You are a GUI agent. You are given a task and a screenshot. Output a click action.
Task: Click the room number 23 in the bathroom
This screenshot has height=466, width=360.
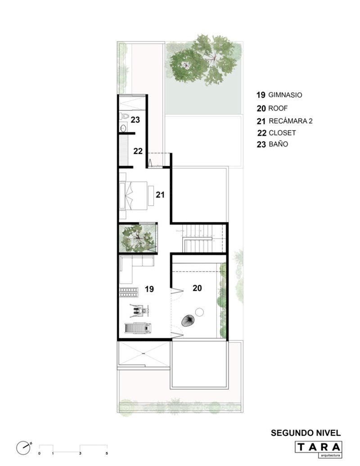click(135, 120)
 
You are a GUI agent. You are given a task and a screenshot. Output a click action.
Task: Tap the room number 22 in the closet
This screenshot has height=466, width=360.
click(138, 151)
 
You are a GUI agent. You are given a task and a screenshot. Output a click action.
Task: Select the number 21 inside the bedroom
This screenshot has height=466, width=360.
click(160, 195)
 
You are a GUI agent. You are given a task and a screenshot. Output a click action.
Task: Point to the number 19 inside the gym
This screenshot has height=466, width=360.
click(149, 289)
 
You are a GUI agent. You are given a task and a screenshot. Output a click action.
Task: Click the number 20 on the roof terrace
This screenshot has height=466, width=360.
click(197, 288)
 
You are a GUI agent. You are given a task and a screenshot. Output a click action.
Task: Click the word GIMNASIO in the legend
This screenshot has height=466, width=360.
click(285, 95)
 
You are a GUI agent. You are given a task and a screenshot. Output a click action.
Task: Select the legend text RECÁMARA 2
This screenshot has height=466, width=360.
click(291, 121)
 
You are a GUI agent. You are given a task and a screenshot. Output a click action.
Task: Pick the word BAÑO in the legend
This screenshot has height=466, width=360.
click(278, 144)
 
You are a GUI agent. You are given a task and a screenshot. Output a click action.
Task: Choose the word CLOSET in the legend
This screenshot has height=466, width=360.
click(282, 133)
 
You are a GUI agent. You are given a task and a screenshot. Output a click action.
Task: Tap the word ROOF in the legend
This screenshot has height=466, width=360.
click(278, 108)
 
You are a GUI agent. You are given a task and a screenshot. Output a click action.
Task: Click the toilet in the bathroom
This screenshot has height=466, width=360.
click(124, 116)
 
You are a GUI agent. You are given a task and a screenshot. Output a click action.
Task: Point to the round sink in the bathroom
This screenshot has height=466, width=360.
click(123, 128)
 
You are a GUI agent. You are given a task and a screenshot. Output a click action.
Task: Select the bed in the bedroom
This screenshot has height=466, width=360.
click(133, 196)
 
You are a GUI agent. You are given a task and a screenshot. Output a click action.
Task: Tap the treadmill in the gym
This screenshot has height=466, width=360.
click(138, 328)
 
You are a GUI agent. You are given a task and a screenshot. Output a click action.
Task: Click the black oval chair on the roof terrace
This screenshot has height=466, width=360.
click(188, 321)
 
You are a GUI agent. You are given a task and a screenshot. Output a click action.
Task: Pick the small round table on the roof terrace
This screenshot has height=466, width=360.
click(200, 312)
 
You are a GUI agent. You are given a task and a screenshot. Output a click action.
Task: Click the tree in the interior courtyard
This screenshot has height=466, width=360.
click(137, 238)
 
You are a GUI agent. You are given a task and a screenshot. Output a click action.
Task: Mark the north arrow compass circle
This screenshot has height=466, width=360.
click(22, 448)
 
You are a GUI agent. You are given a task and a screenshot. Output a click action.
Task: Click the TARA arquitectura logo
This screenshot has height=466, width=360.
click(319, 449)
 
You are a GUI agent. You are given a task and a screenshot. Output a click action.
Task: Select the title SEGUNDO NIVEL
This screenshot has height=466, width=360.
click(306, 433)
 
